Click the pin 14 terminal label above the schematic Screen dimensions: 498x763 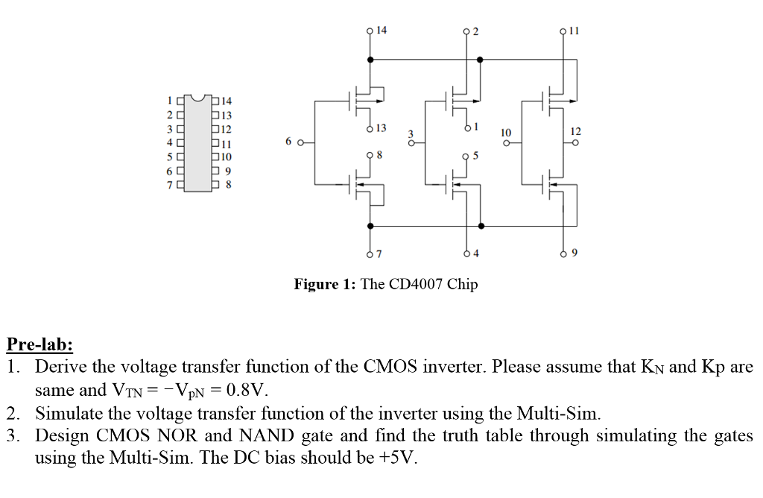tap(381, 31)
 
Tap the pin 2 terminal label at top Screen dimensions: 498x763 tap(475, 31)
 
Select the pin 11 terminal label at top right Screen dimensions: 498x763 tap(573, 31)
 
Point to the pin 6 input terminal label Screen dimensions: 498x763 tap(288, 142)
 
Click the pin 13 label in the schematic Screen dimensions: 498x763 tap(381, 129)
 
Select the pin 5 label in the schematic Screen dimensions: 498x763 tap(475, 156)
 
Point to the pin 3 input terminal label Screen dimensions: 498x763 tap(409, 134)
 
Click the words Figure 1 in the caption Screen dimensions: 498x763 tap(325, 285)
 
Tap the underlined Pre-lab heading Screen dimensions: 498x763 tap(39, 344)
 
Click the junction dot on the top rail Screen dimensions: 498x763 tap(480, 59)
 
